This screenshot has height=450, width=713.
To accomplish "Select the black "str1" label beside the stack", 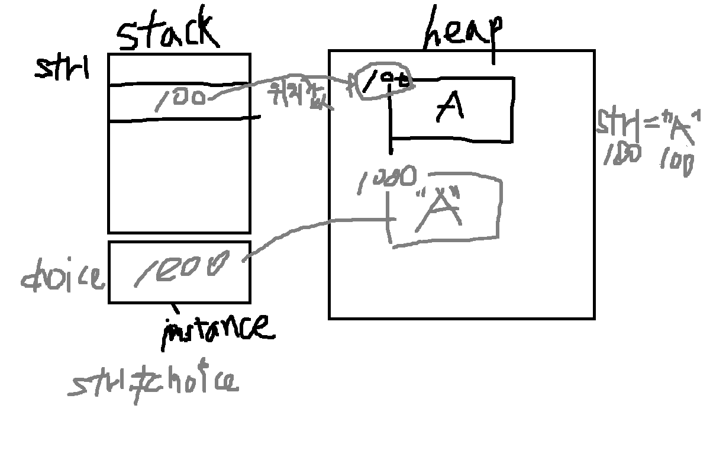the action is (x=62, y=68).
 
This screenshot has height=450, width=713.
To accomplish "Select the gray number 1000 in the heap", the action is (x=387, y=179).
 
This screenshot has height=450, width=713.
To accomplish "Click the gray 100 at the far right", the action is (x=676, y=162).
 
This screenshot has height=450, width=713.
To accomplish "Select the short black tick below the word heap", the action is (x=493, y=56).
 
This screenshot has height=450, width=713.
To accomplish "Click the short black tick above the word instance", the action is (x=175, y=308).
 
